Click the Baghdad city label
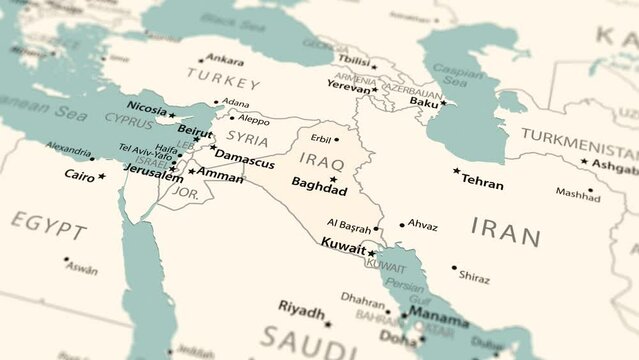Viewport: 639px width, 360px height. (x=319, y=185)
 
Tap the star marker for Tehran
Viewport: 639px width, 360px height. (x=457, y=171)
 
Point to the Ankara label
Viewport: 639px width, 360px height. (x=225, y=59)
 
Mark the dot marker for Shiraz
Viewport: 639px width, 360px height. (x=454, y=268)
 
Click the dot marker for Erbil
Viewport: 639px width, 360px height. (x=336, y=139)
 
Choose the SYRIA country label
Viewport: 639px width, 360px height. (x=247, y=137)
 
